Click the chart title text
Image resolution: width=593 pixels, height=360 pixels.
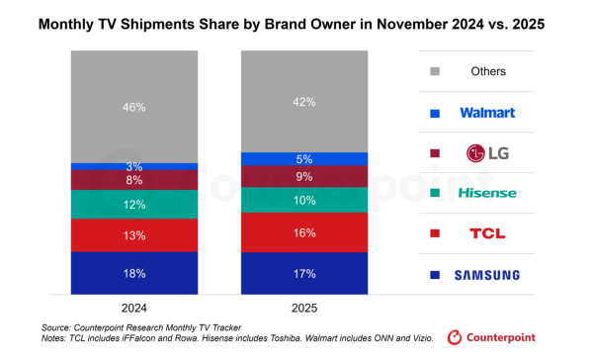[296, 20]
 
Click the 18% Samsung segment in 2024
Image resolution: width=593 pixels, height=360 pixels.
[135, 272]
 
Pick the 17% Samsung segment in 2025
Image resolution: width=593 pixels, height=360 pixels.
[305, 273]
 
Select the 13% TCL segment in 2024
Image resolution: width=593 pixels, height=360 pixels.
[135, 235]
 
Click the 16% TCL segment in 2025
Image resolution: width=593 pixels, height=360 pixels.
[305, 233]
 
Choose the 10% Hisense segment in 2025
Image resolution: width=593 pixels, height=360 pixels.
[305, 199]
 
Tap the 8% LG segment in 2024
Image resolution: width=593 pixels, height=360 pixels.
[135, 180]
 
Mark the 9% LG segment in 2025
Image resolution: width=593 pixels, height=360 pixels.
[305, 176]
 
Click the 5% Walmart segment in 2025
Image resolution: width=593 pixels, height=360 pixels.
[305, 159]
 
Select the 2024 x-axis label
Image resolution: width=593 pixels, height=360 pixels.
[135, 306]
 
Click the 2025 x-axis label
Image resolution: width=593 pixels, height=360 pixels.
[305, 306]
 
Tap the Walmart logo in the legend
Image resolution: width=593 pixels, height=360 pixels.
[487, 113]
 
